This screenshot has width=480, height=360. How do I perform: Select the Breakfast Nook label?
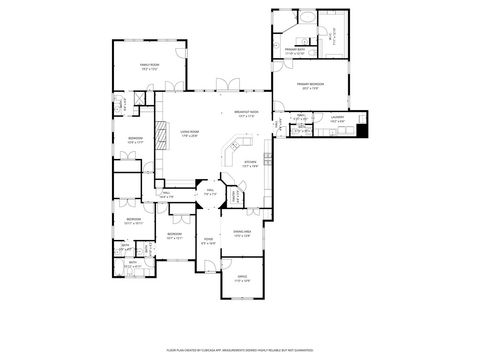[246, 113]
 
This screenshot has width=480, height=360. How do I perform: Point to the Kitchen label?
[251, 162]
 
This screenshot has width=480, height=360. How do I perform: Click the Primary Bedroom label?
[309, 86]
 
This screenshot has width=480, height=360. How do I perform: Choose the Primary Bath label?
[295, 49]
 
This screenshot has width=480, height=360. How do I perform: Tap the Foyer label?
[208, 240]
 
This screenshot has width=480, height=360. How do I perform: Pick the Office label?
[241, 279]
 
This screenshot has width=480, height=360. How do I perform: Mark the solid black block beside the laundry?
[363, 129]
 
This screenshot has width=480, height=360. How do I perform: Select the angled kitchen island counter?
[236, 150]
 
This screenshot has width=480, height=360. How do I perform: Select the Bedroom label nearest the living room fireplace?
[135, 140]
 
